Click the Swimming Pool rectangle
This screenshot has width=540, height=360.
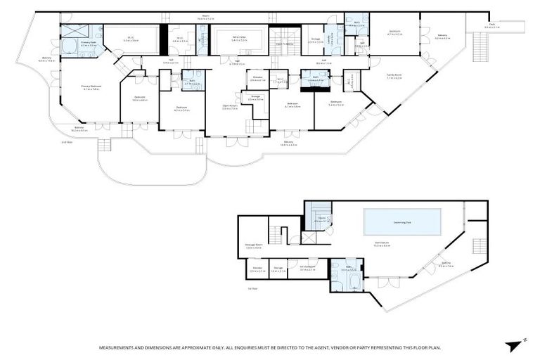[x=403, y=222]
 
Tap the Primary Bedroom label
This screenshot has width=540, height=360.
[x=91, y=88]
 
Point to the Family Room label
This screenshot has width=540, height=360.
[x=394, y=76]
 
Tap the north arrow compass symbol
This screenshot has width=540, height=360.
[x=511, y=345]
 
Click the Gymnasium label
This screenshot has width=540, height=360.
[x=382, y=245]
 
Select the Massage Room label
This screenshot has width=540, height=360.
[x=253, y=246]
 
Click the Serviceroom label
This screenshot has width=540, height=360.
[x=307, y=268]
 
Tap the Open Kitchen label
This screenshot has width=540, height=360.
[x=229, y=107]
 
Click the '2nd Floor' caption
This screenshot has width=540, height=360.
[x=67, y=142]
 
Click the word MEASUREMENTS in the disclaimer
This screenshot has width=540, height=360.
[x=120, y=347]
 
